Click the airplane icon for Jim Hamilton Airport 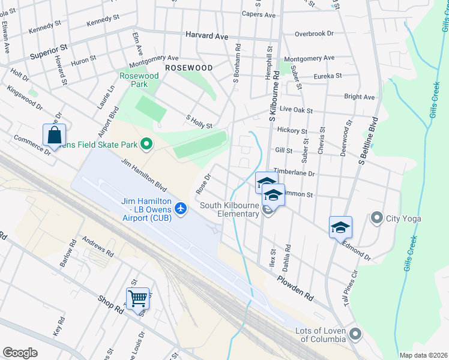(x=181, y=208)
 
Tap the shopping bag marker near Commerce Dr (x=54, y=136)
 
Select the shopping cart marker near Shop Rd (x=137, y=298)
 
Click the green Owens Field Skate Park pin (x=145, y=143)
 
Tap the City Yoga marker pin (x=377, y=217)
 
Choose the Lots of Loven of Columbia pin (x=355, y=333)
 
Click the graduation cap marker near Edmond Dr (x=340, y=228)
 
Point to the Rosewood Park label (x=139, y=80)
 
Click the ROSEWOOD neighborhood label (x=189, y=68)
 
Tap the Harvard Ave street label (x=206, y=36)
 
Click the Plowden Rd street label (x=295, y=288)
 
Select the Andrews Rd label (x=98, y=246)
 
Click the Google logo (x=20, y=353)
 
